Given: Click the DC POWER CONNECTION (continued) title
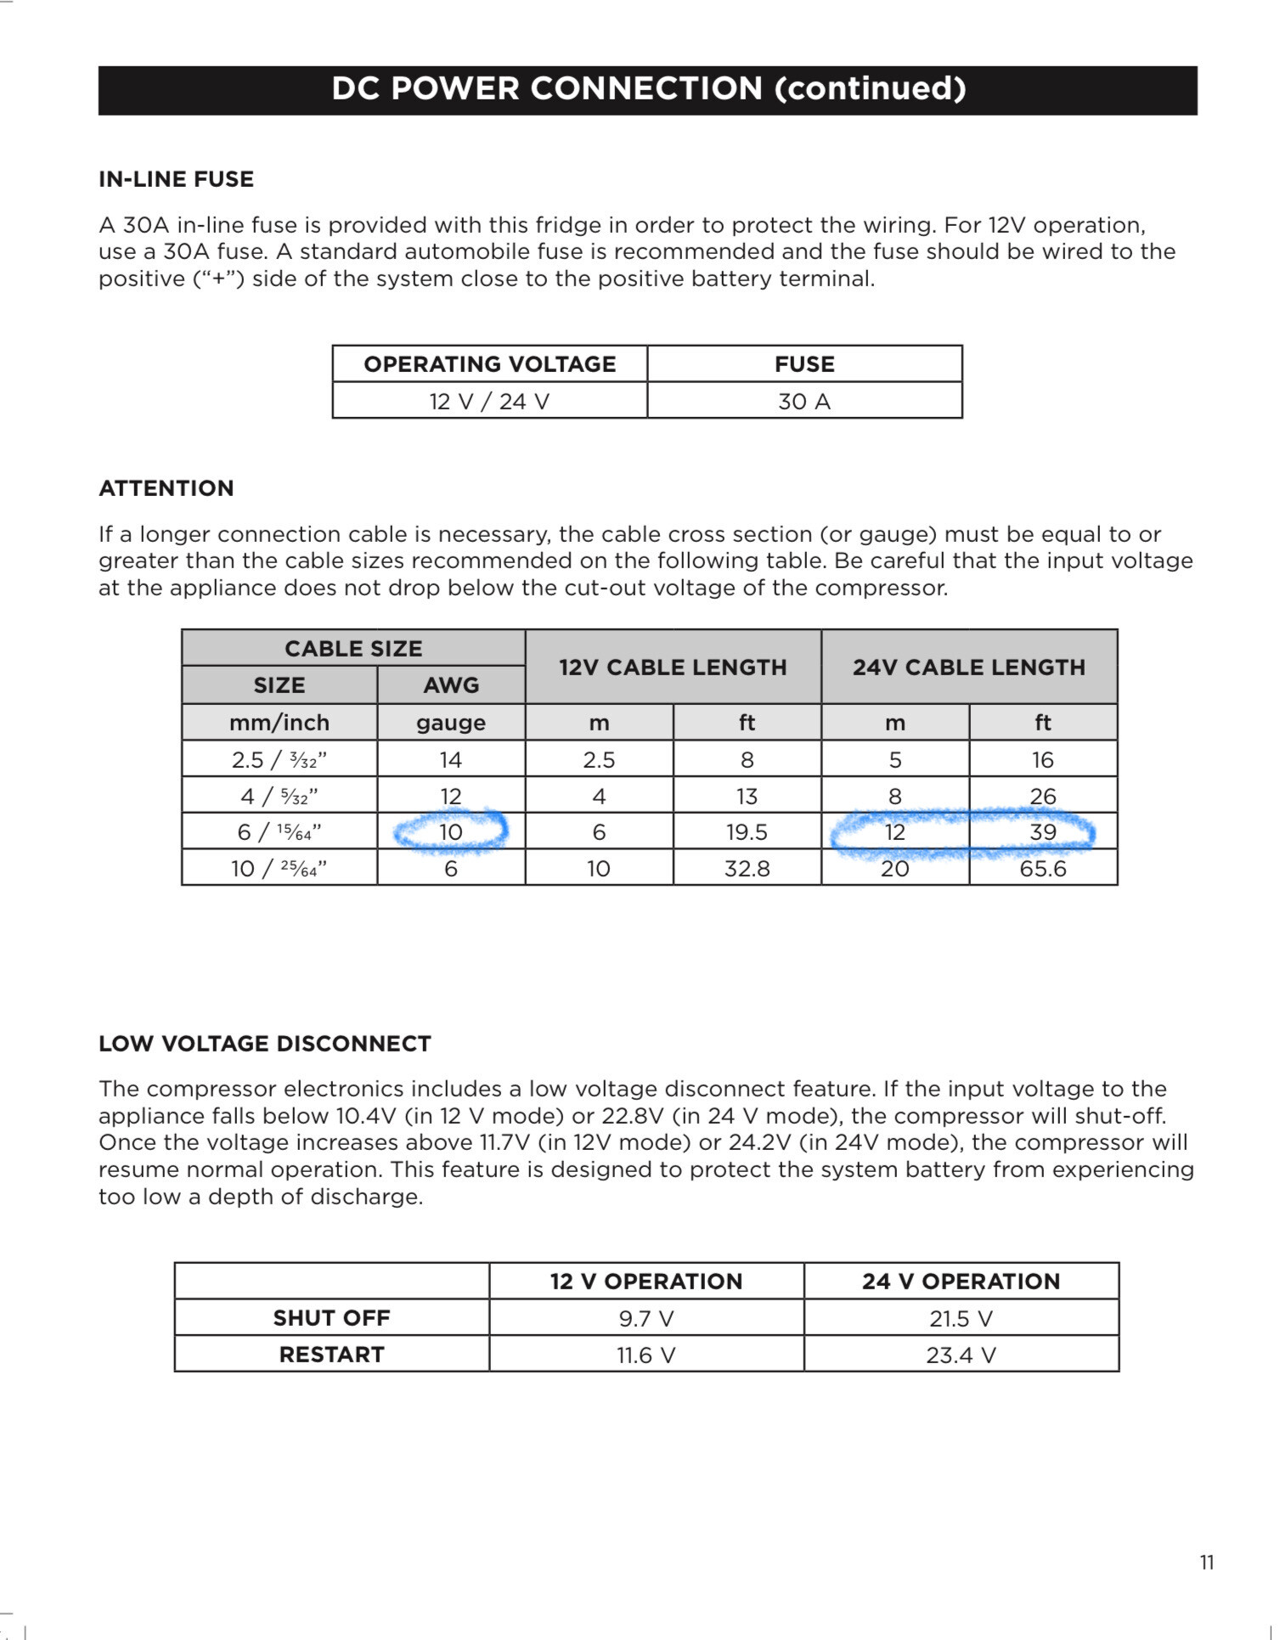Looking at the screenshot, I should point(648,89).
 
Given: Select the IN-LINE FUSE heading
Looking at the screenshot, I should point(177,179).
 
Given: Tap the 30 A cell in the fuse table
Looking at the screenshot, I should point(804,401).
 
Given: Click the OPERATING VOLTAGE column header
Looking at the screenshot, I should point(489,364).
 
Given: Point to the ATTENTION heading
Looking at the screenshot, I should point(166,488).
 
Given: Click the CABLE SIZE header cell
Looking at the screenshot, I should point(353,649).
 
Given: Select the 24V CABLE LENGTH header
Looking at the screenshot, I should point(968,668).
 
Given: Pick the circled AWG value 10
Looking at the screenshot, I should point(450,832).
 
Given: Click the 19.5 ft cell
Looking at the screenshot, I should point(747,832).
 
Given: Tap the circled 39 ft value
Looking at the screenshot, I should point(1042,832).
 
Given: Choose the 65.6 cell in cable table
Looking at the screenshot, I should point(1042,869).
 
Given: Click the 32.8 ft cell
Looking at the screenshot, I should point(747,869).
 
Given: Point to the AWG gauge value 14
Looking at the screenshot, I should point(450,759).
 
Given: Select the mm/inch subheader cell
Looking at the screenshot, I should point(279,723).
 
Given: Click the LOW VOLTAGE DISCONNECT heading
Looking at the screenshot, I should point(265,1044).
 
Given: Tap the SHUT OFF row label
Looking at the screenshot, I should point(331,1318).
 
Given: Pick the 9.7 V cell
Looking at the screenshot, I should point(646,1319).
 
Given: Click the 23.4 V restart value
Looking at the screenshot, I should point(961,1355).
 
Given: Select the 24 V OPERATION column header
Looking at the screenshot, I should point(961,1282).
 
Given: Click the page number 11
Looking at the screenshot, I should point(1207,1563).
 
